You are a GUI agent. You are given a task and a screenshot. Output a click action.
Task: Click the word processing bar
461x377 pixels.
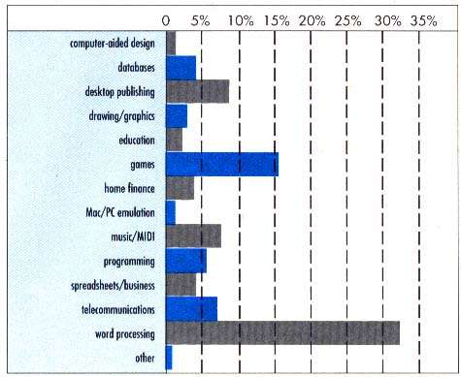[x=282, y=332]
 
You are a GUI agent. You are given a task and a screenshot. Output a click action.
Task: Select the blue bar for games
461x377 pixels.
[x=222, y=164]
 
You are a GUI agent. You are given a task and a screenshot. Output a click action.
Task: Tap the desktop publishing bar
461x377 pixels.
[x=197, y=91]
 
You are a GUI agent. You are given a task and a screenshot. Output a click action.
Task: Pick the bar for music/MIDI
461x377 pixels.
[x=193, y=236]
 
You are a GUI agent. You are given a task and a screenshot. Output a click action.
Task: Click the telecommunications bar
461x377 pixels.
[x=191, y=308]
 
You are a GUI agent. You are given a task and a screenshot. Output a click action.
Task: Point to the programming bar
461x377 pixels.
[x=185, y=260]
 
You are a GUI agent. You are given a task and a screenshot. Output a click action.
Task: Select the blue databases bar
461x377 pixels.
[x=181, y=68]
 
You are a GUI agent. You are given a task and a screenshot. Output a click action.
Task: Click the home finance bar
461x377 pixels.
[x=180, y=188]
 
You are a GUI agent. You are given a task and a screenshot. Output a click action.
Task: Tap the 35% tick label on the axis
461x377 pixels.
[x=423, y=18]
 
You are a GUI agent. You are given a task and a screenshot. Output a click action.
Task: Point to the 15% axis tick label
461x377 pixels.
[x=277, y=18]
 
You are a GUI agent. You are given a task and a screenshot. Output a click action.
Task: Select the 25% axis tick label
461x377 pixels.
[x=349, y=18]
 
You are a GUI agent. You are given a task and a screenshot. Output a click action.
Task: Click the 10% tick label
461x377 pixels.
[x=240, y=18]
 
